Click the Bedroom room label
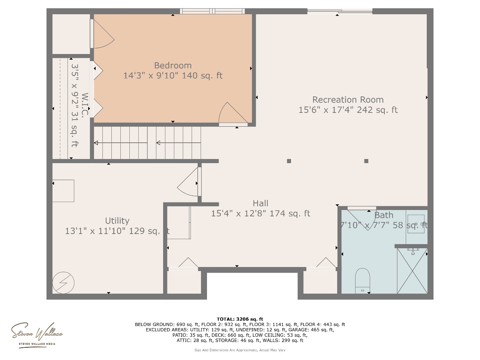173,65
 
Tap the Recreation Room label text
348,100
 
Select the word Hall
260,203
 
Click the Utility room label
117,221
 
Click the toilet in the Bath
362,280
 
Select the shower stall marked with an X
412,271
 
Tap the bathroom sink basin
416,224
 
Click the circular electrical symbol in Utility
63,283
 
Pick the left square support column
289,161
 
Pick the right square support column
366,161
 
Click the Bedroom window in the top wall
212,11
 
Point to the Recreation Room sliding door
340,11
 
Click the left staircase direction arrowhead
96,143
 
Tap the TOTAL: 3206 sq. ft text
240,319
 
